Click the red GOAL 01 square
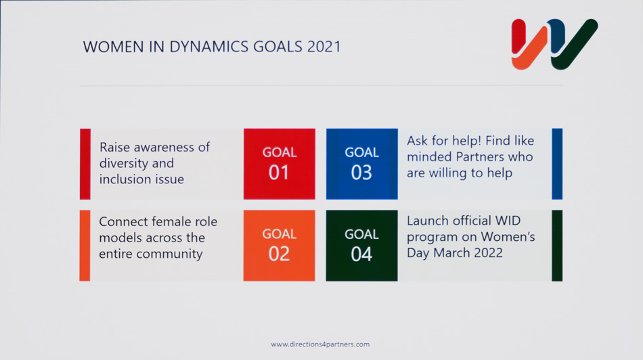(x=280, y=164)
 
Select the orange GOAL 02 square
(x=280, y=246)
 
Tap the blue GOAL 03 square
(x=361, y=164)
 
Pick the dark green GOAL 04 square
(x=361, y=246)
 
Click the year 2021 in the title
(x=324, y=47)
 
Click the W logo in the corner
(x=554, y=44)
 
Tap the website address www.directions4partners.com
(x=320, y=344)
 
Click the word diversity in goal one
(x=124, y=163)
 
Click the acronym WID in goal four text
(x=508, y=221)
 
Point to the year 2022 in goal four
(x=488, y=252)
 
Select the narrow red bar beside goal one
(x=85, y=164)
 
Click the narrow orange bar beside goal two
(x=85, y=246)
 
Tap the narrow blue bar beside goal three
(x=557, y=164)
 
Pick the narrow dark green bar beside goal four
(x=557, y=246)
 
